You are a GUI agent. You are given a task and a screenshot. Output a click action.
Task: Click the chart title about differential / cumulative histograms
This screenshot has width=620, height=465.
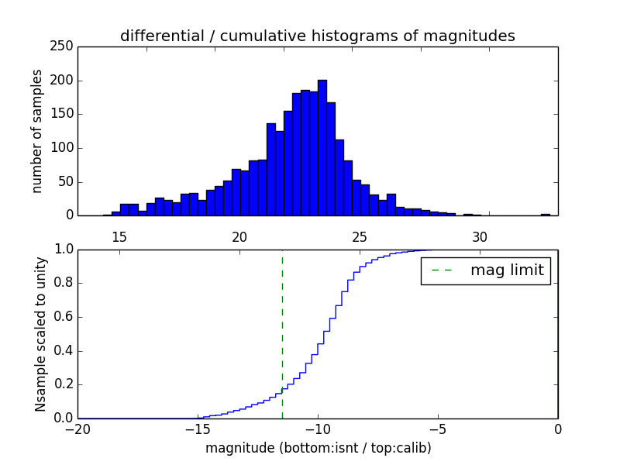pyautogui.click(x=317, y=36)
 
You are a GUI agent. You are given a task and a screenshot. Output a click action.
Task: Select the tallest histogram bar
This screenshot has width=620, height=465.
pyautogui.click(x=322, y=147)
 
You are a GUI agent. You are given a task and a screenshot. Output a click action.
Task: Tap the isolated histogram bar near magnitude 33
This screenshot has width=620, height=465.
pyautogui.click(x=546, y=215)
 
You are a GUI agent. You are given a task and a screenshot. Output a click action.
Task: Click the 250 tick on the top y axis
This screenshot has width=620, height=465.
pyautogui.click(x=64, y=46)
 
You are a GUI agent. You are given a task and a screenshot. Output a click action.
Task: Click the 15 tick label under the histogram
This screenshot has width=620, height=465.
pyautogui.click(x=119, y=237)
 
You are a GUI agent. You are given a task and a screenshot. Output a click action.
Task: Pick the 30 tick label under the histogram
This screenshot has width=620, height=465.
pyautogui.click(x=480, y=237)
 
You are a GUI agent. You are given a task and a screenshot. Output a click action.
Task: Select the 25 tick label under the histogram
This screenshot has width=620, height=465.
pyautogui.click(x=360, y=237)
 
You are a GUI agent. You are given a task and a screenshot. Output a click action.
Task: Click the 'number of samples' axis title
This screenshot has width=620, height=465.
pyautogui.click(x=37, y=131)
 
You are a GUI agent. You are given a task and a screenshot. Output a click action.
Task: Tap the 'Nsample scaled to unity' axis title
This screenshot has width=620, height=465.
pyautogui.click(x=40, y=334)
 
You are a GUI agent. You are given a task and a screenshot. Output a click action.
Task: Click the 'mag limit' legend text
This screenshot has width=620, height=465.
pyautogui.click(x=507, y=270)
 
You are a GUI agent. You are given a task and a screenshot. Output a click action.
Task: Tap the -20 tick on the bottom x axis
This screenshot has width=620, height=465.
pyautogui.click(x=77, y=429)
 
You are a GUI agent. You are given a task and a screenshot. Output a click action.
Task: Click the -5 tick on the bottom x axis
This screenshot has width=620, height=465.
pyautogui.click(x=437, y=429)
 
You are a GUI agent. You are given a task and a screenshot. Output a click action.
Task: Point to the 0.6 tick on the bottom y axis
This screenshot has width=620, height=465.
pyautogui.click(x=64, y=317)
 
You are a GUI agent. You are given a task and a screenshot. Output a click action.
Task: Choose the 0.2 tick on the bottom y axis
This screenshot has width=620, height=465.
pyautogui.click(x=64, y=384)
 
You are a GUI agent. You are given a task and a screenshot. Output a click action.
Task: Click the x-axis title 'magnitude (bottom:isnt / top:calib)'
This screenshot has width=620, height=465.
pyautogui.click(x=318, y=448)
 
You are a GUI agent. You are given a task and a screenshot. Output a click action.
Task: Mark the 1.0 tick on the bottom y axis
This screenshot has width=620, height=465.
pyautogui.click(x=64, y=250)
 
